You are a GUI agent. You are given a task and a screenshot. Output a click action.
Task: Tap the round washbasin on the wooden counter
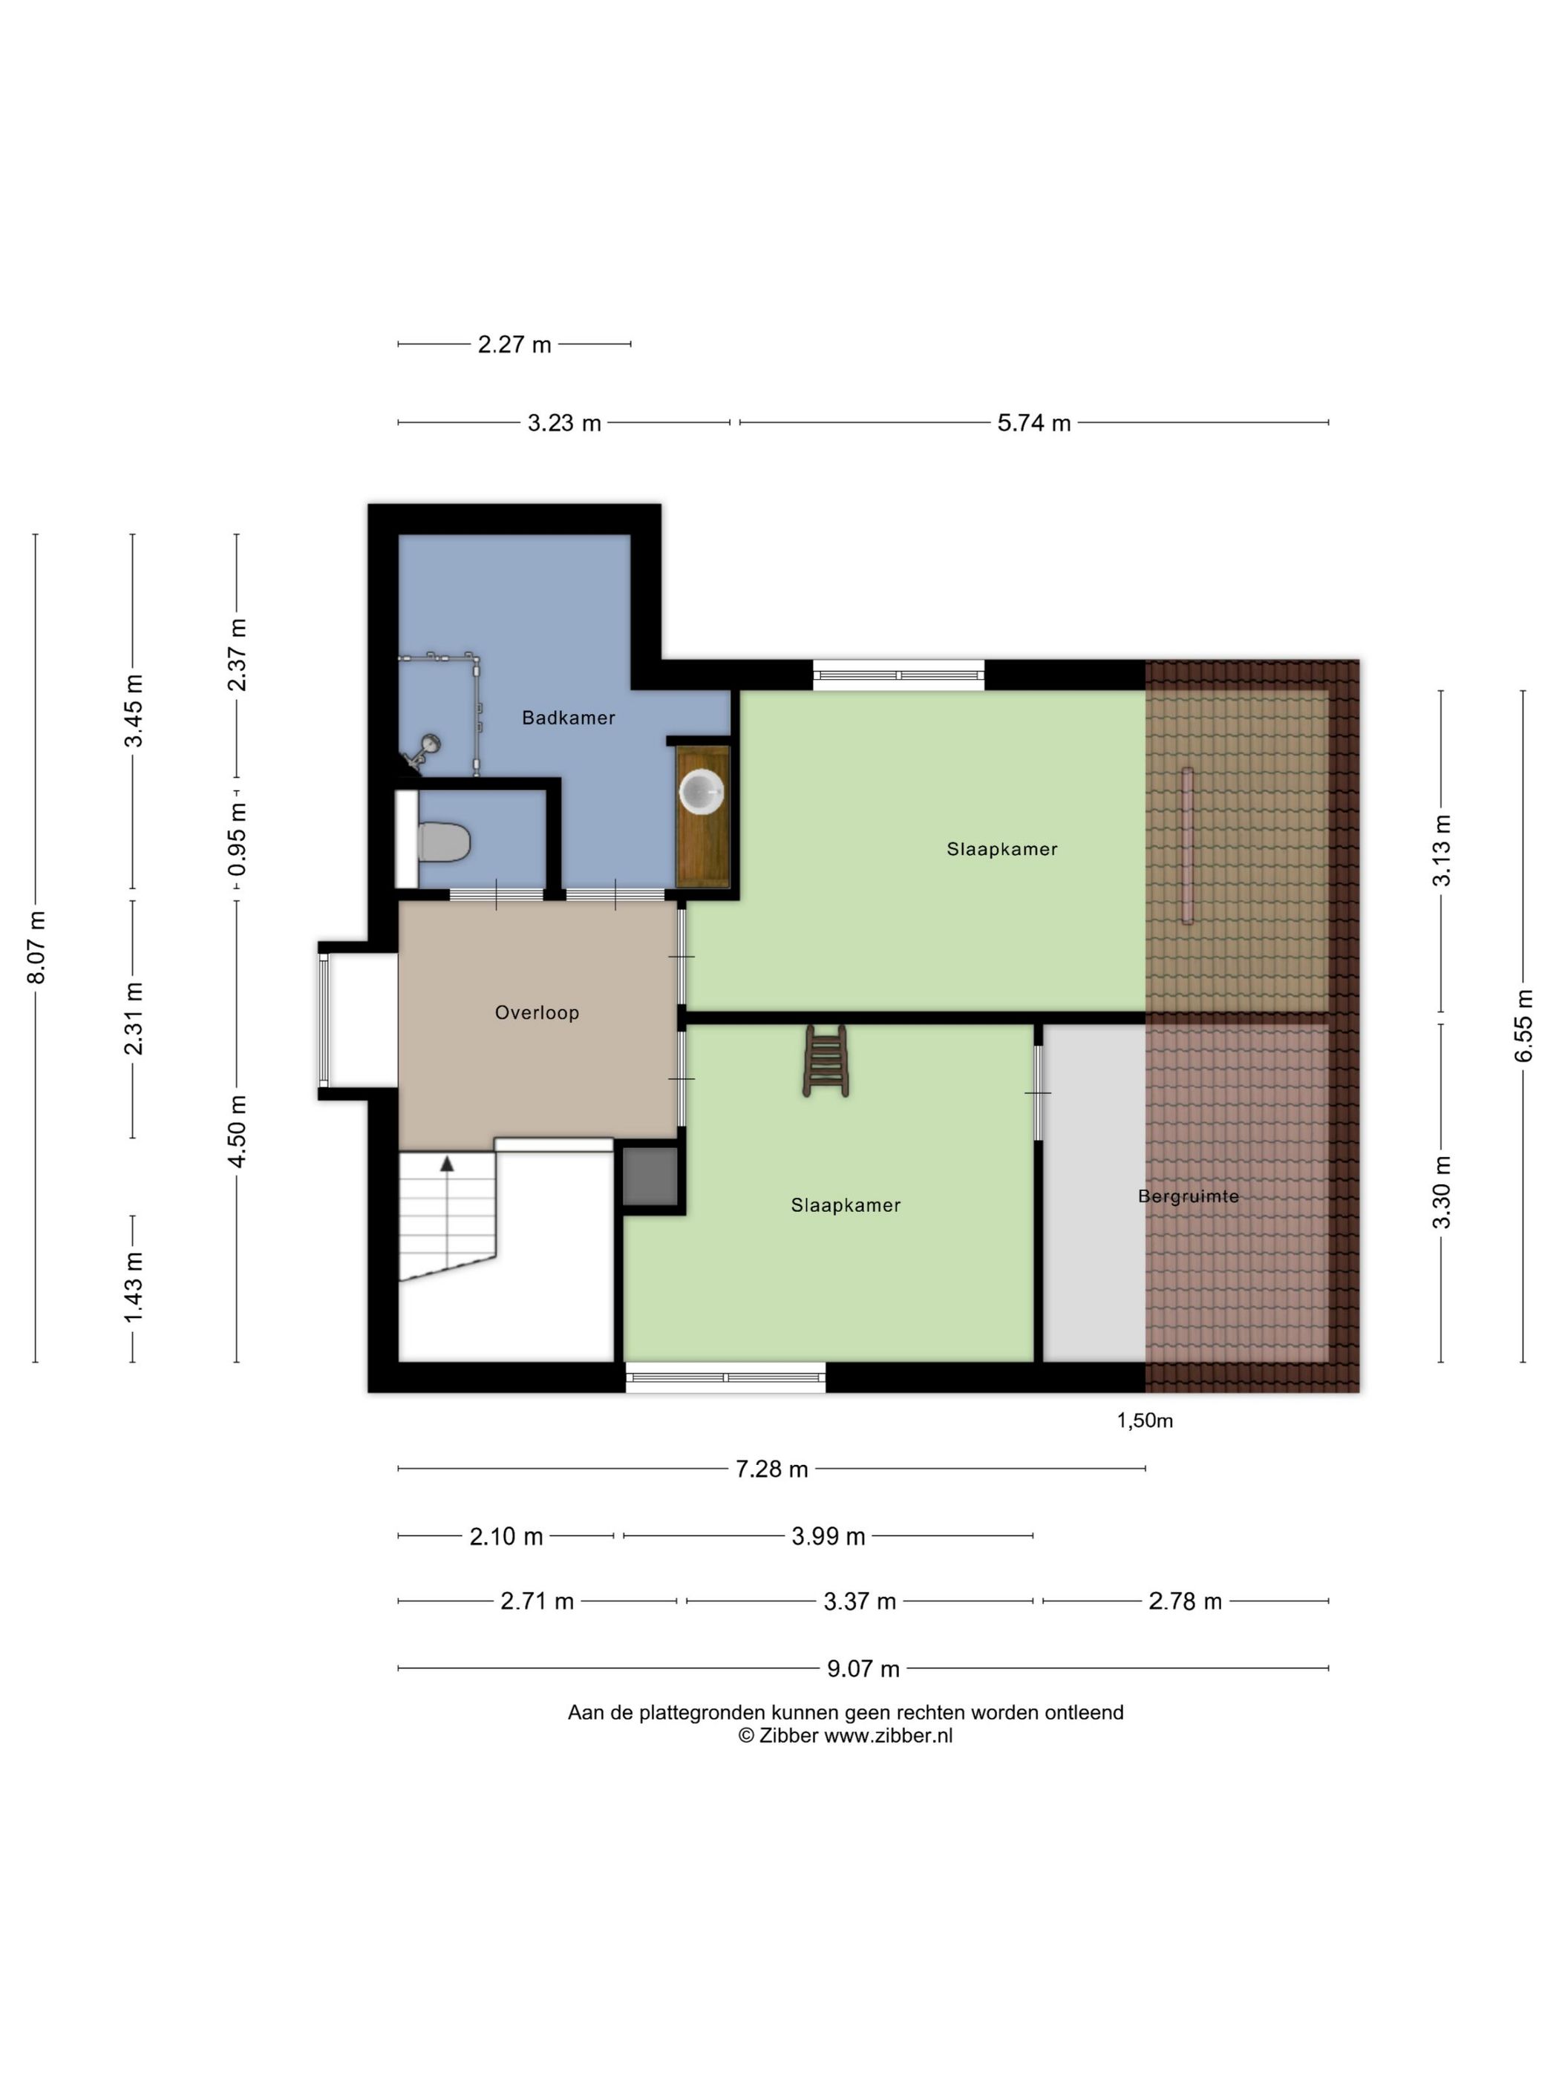tap(701, 791)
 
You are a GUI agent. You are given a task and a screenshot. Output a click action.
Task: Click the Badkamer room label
tap(568, 718)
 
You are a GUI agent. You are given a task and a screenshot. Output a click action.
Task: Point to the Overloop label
tap(537, 1013)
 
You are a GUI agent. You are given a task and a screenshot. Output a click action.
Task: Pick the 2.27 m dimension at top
tap(514, 344)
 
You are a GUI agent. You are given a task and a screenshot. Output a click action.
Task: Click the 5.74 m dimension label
tap(1033, 423)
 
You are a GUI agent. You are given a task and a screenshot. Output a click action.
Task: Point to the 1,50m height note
tap(1145, 1420)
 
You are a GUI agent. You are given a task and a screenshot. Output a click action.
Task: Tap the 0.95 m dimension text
tap(238, 838)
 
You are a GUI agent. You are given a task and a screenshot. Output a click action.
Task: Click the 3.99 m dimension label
tap(828, 1536)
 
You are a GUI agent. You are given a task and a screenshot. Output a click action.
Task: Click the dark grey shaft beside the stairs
tap(650, 1176)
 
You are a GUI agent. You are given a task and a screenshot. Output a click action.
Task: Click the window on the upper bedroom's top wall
tap(898, 675)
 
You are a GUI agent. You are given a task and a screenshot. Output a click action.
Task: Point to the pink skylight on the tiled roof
tap(1187, 845)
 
